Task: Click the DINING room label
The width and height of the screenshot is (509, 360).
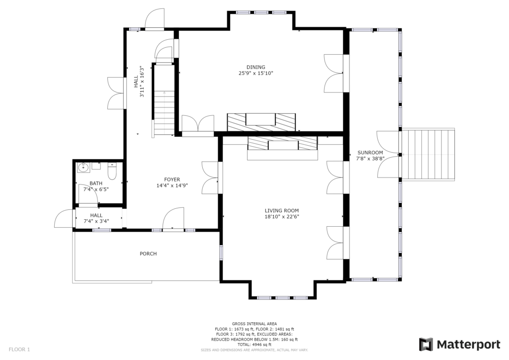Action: [x=256, y=67]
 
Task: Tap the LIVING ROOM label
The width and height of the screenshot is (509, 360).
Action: [x=282, y=211]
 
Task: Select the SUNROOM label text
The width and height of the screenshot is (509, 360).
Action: [x=370, y=153]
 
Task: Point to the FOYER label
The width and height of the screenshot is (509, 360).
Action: [x=172, y=180]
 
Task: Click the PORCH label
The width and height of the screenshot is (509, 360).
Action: [x=148, y=254]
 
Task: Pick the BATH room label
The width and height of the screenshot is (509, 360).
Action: [x=96, y=183]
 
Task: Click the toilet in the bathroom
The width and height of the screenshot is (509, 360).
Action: [x=112, y=172]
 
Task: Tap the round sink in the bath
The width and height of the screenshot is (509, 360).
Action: [x=83, y=168]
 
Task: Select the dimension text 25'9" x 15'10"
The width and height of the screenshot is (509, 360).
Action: [x=256, y=74]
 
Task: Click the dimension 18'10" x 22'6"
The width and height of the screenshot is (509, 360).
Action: [x=282, y=217]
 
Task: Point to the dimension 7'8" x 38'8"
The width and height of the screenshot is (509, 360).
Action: [x=370, y=159]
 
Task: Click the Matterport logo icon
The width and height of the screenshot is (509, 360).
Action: [x=426, y=345]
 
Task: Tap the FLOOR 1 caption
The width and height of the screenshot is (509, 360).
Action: [x=19, y=350]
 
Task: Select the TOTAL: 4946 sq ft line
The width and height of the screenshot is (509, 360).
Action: [x=254, y=345]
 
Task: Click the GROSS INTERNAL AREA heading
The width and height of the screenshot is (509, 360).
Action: [x=254, y=324]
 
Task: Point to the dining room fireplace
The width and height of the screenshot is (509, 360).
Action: [x=261, y=122]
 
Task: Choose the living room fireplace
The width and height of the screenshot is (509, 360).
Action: [x=282, y=148]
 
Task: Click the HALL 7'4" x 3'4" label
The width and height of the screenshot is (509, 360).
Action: [x=96, y=218]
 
